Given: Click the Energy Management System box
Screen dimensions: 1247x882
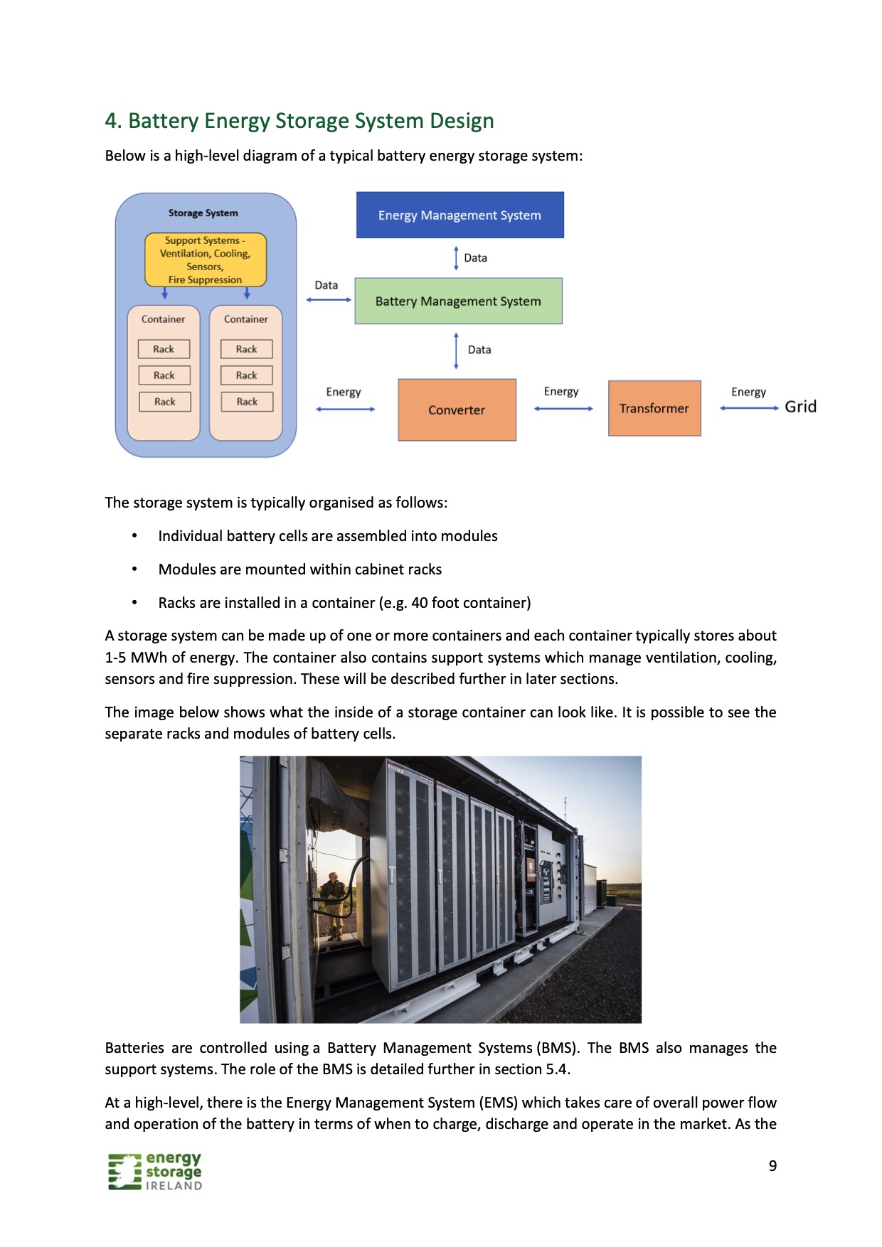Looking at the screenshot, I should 459,215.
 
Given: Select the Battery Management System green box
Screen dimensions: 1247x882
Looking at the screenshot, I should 458,301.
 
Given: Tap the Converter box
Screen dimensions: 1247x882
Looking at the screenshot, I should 457,410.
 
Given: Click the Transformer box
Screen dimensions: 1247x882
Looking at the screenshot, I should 654,408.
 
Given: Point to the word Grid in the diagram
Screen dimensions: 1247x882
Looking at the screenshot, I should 800,407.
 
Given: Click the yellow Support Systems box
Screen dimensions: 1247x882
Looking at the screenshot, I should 205,260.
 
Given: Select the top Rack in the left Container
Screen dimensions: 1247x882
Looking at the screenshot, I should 164,349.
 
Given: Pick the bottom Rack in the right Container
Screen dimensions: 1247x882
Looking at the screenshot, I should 247,402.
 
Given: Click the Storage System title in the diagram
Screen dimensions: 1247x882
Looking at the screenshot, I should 203,213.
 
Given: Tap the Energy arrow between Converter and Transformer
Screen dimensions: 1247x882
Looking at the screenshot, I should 563,409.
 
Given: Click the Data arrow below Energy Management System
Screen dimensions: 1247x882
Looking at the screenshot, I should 457,258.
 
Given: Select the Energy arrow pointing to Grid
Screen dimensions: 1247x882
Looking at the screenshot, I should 748,408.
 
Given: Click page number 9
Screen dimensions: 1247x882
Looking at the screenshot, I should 772,1165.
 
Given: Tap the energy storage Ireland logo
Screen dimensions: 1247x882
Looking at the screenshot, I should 155,1171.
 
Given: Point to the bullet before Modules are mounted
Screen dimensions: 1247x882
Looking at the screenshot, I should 134,569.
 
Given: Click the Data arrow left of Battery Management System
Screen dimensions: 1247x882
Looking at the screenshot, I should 329,299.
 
